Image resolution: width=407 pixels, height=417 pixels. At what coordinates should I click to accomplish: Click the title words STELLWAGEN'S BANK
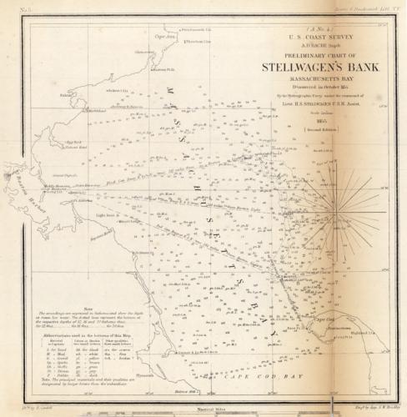(x=306, y=67)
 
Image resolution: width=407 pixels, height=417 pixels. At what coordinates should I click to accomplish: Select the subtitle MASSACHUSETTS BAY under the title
(x=306, y=80)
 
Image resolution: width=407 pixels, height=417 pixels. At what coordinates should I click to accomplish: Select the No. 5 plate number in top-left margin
(x=18, y=8)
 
